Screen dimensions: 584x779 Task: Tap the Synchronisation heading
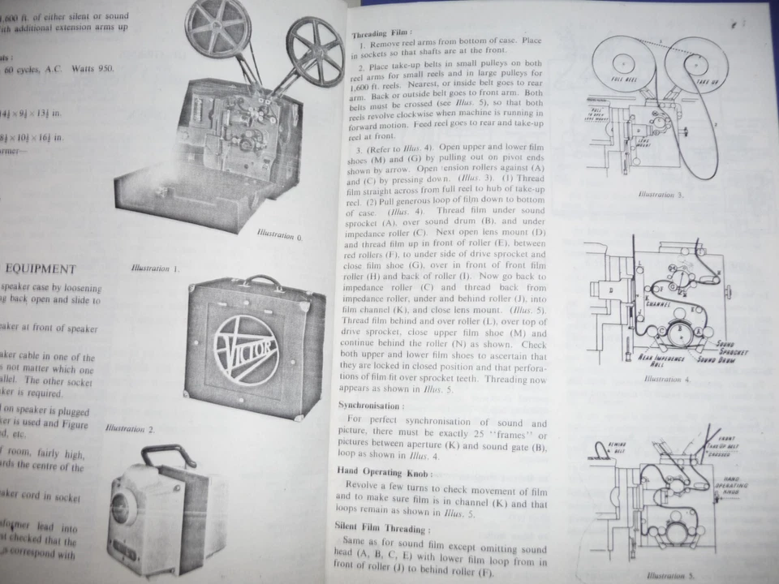point(369,404)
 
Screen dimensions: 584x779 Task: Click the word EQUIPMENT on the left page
point(41,268)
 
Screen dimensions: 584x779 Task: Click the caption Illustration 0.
point(279,235)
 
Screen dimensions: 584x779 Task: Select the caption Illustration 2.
point(130,427)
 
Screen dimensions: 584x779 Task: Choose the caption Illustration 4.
point(666,379)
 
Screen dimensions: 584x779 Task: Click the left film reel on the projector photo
point(216,28)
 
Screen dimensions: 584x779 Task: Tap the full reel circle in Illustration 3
point(622,63)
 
